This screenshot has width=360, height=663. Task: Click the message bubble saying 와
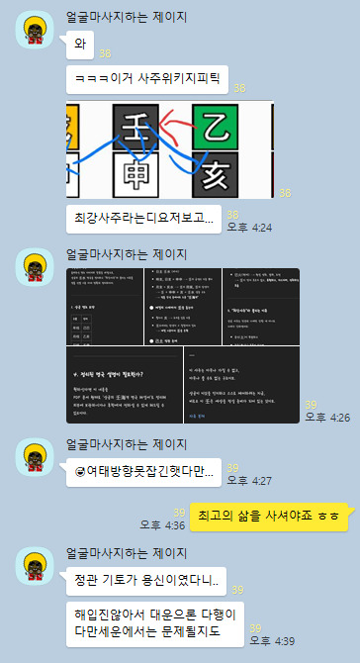tap(79, 45)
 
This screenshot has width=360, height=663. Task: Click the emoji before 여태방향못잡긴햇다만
tap(81, 471)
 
